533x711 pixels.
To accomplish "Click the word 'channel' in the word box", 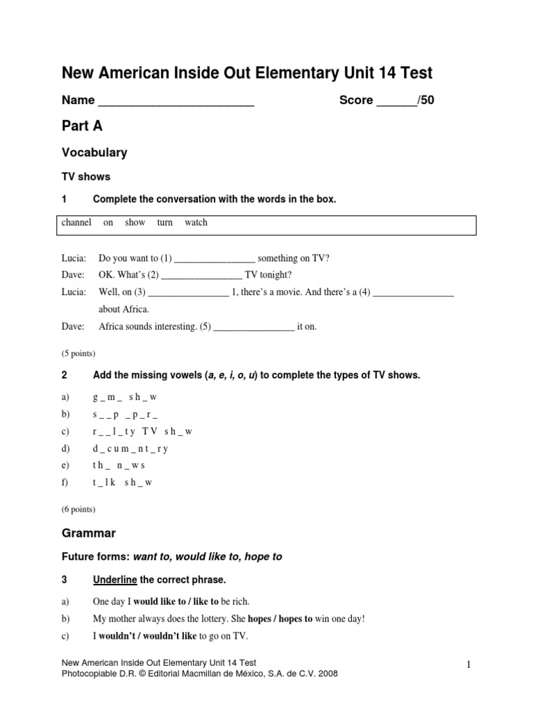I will pos(76,223).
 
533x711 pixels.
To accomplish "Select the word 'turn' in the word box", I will pos(164,223).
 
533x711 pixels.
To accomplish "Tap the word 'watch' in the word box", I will pos(196,223).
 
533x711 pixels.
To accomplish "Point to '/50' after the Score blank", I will pos(426,101).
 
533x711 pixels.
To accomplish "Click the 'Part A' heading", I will pos(83,126).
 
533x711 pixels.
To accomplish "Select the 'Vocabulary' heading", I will pos(94,152).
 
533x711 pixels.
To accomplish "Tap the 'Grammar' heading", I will pos(89,533).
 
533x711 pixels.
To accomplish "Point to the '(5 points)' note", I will pos(79,353).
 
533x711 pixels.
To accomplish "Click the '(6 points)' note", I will pos(79,509).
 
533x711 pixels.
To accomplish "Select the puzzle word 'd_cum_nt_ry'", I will pos(130,449).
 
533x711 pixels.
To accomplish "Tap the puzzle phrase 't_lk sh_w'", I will pos(122,483).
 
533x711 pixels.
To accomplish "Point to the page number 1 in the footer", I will pos(469,666).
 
